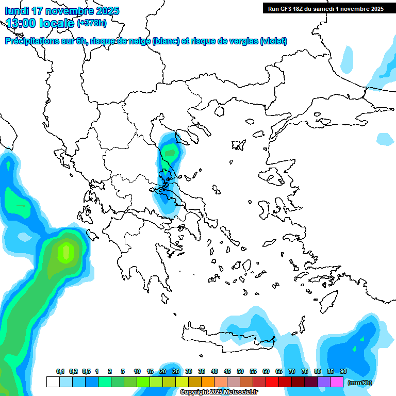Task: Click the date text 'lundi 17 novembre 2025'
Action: tap(62, 11)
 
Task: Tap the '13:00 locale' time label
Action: tap(40, 23)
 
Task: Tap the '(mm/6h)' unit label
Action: tap(359, 383)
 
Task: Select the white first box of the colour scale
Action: tap(53, 382)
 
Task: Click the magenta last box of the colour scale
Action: tap(337, 382)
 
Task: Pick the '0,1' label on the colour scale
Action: tap(60, 372)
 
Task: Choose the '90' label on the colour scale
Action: tap(343, 372)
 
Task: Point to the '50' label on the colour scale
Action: tap(240, 372)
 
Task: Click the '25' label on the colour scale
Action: tap(175, 372)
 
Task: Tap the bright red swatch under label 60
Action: tap(272, 382)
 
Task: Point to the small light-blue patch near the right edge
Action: tap(385, 139)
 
